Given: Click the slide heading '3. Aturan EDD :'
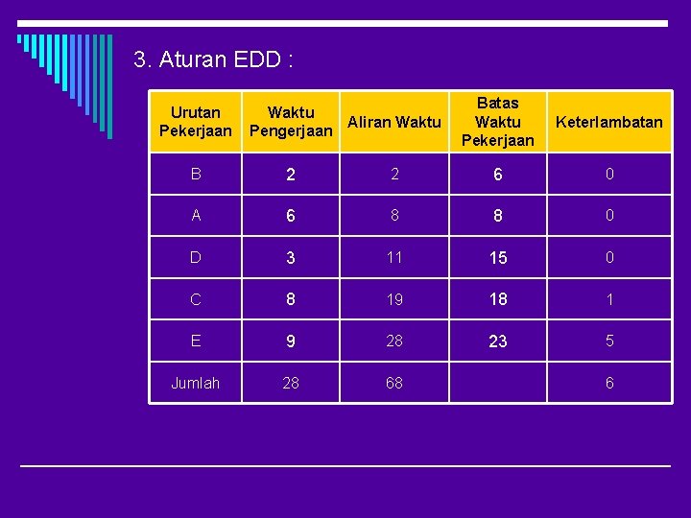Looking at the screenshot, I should (x=213, y=59).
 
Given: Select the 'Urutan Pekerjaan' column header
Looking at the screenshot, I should (x=196, y=122).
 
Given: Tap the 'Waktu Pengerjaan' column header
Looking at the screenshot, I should (x=291, y=122).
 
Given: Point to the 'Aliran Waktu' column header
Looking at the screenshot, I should (x=394, y=122).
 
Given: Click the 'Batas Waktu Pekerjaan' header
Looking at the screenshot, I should (x=497, y=122).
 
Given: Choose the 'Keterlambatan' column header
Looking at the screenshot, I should (x=608, y=122).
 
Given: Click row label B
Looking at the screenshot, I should (x=196, y=174).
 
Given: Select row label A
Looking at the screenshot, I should (x=196, y=216).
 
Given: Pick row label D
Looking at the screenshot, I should (x=196, y=257).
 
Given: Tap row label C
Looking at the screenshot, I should (x=196, y=299).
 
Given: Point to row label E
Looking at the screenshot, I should (x=196, y=341).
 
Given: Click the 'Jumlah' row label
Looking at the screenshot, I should (x=196, y=383).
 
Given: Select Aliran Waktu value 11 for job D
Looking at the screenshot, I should (x=394, y=257).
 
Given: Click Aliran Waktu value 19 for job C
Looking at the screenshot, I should (x=394, y=299).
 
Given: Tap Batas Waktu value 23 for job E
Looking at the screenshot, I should (x=497, y=341).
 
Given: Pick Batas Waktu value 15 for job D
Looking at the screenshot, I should (x=497, y=258).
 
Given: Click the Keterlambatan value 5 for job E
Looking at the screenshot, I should (x=608, y=341).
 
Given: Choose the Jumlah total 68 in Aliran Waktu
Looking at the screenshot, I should (x=394, y=383).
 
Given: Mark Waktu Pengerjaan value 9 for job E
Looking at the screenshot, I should (x=291, y=341).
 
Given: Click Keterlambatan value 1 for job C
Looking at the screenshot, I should (x=608, y=299).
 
